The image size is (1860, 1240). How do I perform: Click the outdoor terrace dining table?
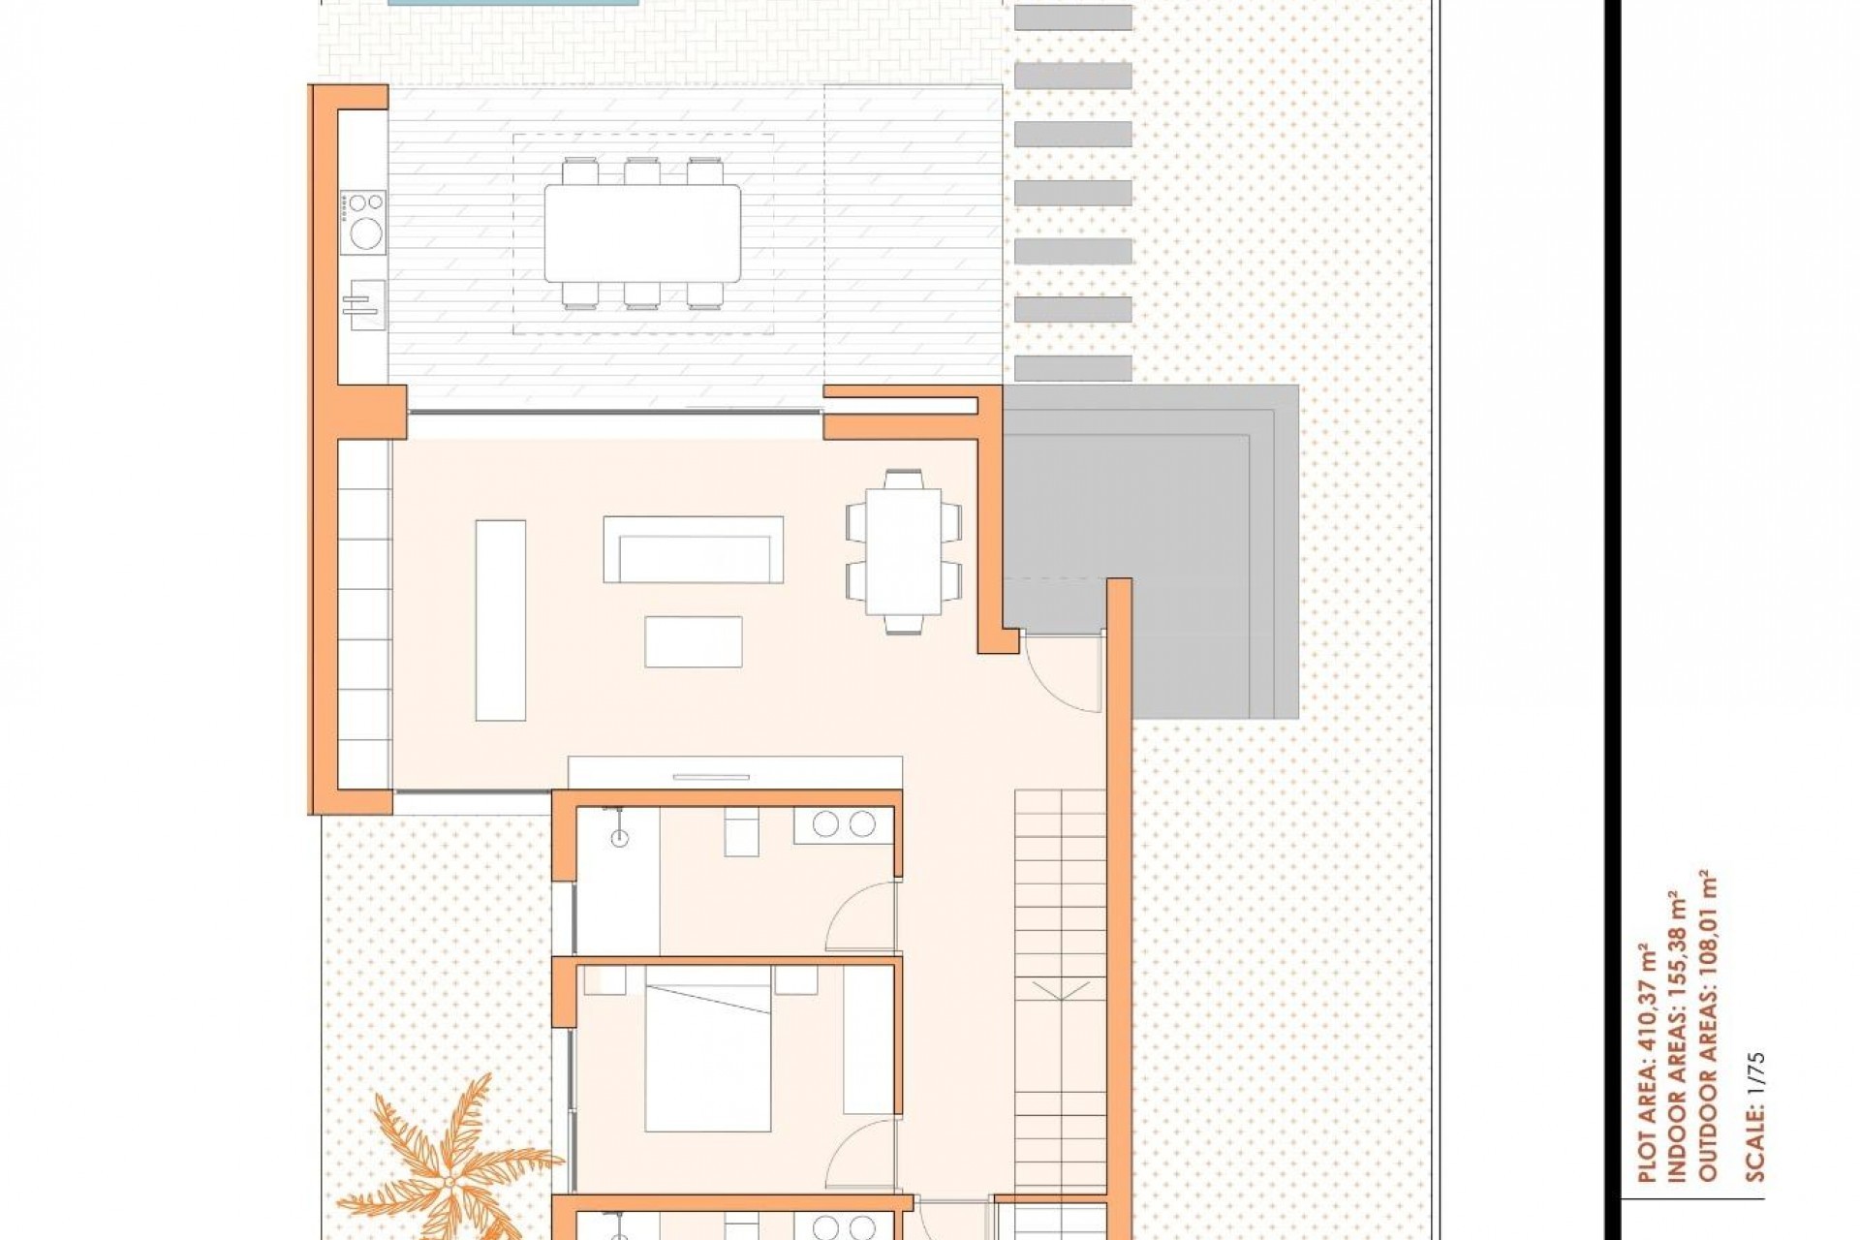tap(642, 232)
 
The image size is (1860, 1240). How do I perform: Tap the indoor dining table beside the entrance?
tap(903, 551)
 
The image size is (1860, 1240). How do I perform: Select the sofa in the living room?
tap(693, 549)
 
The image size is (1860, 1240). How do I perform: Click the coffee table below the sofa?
tap(694, 641)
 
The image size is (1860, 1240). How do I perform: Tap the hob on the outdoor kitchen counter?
tap(363, 222)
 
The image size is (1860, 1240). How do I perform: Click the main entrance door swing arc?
tap(1063, 673)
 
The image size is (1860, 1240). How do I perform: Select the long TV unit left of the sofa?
tap(500, 620)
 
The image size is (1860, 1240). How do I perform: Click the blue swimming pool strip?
tap(513, 3)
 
